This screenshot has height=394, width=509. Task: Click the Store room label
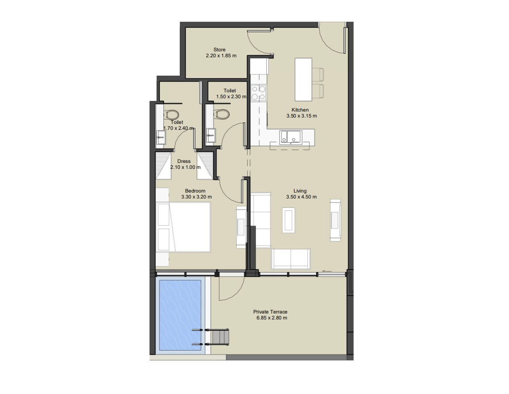click(219, 50)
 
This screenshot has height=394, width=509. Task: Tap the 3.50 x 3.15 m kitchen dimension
click(301, 116)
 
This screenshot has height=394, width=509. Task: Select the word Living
click(300, 191)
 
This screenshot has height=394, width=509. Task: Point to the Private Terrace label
click(270, 312)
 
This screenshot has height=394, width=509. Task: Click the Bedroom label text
click(195, 191)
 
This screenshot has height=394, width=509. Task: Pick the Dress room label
click(184, 161)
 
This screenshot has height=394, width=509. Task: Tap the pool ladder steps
click(220, 337)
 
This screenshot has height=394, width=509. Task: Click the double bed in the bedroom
click(183, 227)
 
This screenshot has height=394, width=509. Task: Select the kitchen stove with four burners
click(259, 93)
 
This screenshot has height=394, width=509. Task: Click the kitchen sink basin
click(291, 137)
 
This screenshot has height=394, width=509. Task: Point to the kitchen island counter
click(303, 79)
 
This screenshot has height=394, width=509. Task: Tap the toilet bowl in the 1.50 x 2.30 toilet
click(222, 114)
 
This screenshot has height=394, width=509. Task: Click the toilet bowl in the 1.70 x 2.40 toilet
click(172, 115)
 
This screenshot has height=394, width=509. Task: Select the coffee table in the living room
click(289, 220)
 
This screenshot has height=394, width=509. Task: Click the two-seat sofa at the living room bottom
click(291, 259)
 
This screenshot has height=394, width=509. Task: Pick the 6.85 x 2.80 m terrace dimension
click(272, 318)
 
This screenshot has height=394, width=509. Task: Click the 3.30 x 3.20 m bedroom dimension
click(197, 197)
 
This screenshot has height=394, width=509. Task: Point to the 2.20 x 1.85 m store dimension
click(221, 56)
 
